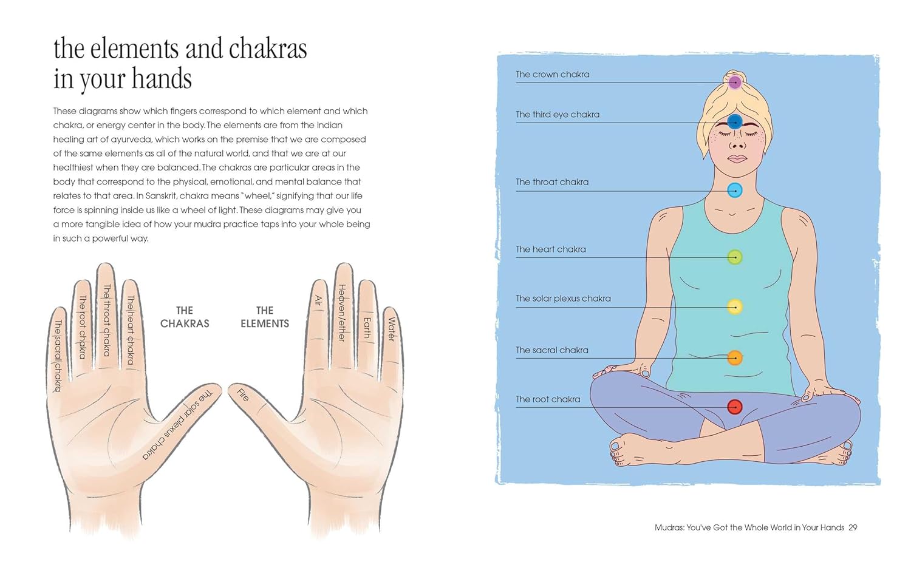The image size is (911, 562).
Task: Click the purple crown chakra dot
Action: click(x=735, y=82)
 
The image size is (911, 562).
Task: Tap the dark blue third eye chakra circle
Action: click(x=735, y=122)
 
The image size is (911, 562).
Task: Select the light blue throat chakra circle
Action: click(x=735, y=190)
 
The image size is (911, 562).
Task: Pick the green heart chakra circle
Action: click(x=735, y=257)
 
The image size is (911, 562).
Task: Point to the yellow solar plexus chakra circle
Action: click(x=735, y=306)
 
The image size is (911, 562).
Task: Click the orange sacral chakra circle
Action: click(x=735, y=357)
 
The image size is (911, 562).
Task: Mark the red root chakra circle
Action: click(x=735, y=406)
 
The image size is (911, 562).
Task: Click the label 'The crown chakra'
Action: click(x=552, y=75)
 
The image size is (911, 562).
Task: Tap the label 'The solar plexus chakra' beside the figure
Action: click(x=563, y=299)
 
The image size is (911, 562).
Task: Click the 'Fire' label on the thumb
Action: click(x=243, y=394)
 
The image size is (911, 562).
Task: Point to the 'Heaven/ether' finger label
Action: click(x=342, y=313)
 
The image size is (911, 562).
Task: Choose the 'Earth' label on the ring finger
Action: click(x=367, y=327)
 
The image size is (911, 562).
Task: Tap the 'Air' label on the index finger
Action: click(x=318, y=300)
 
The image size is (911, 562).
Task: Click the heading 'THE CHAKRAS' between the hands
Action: click(x=185, y=317)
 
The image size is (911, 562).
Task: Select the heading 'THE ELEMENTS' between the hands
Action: click(x=265, y=317)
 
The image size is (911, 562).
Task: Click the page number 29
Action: click(x=853, y=527)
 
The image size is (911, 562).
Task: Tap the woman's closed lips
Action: click(x=737, y=158)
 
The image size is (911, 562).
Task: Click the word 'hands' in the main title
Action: click(x=162, y=79)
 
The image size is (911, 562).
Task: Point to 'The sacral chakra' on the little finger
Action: click(x=58, y=356)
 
